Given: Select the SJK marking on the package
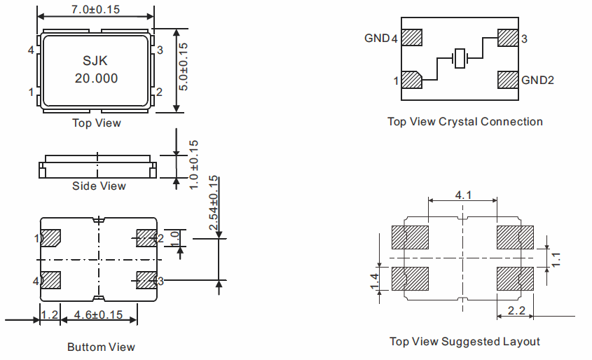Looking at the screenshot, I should [96, 61].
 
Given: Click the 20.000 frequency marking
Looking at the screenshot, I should [96, 78].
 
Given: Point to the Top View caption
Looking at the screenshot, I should [97, 123].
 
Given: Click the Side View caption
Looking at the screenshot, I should [99, 186].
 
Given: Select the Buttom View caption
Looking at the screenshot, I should [101, 347].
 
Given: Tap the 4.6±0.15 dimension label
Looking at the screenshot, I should [98, 315].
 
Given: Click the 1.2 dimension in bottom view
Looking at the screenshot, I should [49, 315].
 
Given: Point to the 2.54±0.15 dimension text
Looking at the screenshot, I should [213, 203].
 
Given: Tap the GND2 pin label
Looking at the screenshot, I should [537, 80].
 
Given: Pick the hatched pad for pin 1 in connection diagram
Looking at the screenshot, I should [412, 80].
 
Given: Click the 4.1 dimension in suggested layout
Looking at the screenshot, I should [462, 195].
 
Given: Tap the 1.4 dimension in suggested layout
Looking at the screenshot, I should [374, 282].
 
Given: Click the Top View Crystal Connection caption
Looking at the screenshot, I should [464, 122].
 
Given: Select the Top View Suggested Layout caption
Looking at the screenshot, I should [464, 342].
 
